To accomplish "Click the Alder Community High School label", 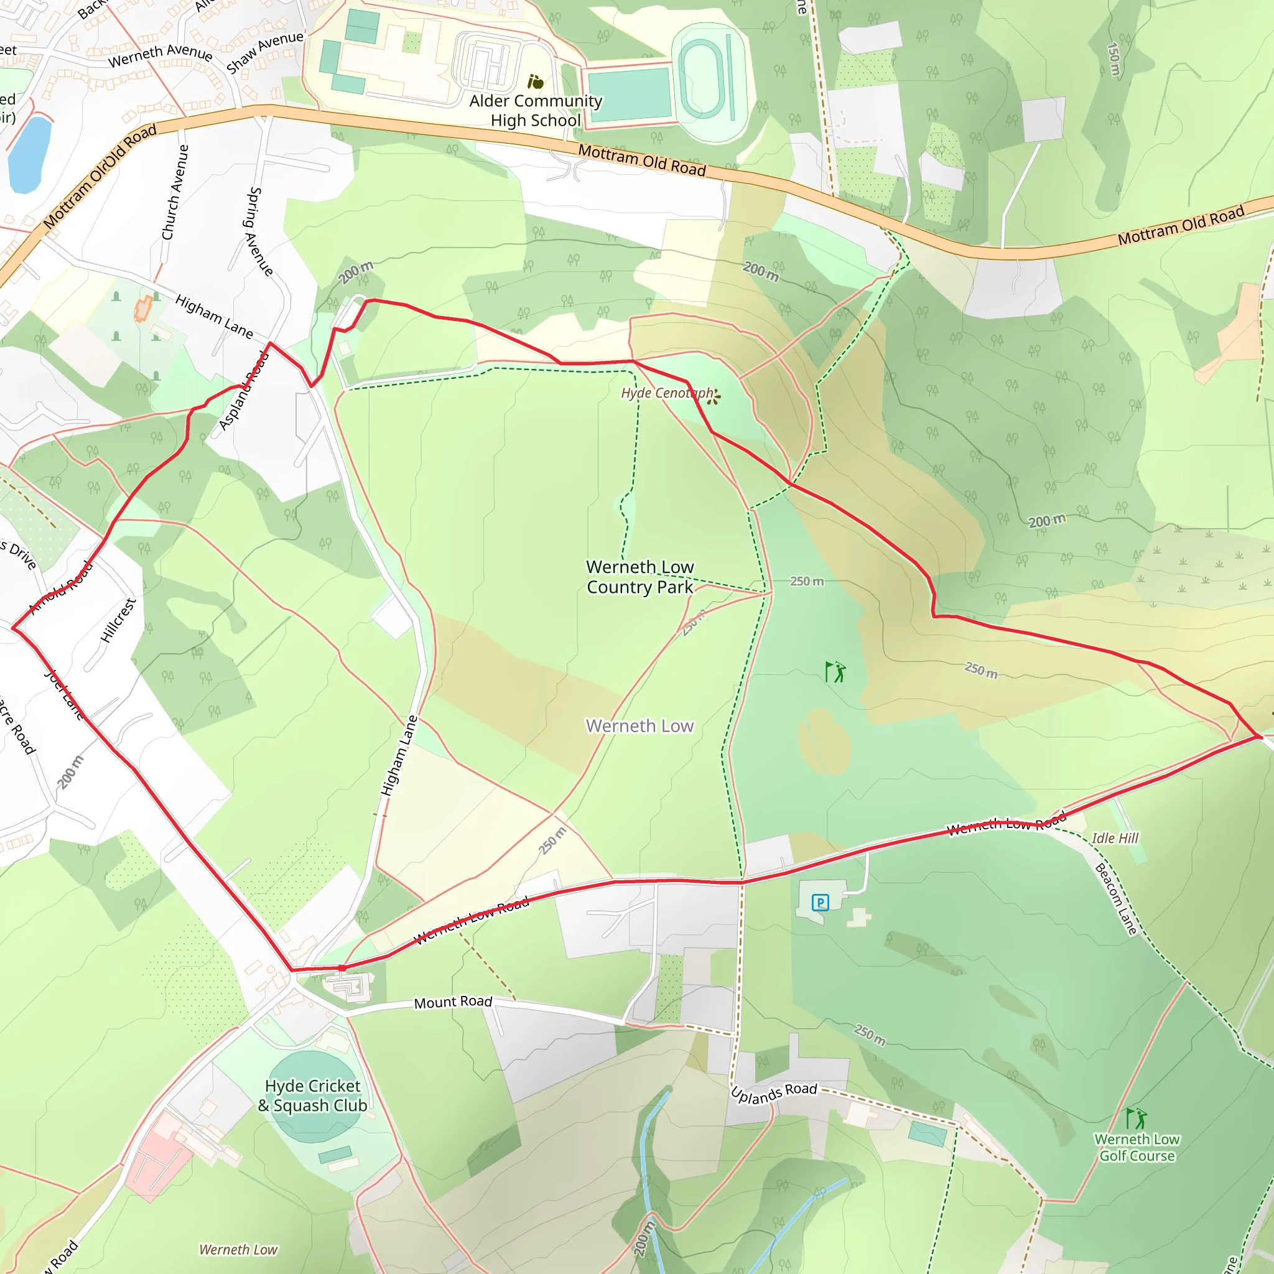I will click(x=536, y=111).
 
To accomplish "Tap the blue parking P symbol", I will click(x=820, y=902).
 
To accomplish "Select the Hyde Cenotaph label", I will click(x=667, y=393).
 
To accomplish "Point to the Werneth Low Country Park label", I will click(x=639, y=577).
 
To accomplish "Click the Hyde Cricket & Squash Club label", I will click(x=312, y=1095).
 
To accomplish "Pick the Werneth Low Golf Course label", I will click(x=1137, y=1147).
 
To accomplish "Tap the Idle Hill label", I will click(x=1114, y=838).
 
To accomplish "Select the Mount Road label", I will click(x=453, y=1002).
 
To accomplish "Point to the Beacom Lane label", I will click(x=1116, y=898).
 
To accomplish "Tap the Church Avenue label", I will click(x=175, y=193).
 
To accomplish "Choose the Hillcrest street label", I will click(x=118, y=620).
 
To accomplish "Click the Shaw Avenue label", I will click(x=264, y=52).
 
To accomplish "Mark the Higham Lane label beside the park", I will click(x=399, y=755).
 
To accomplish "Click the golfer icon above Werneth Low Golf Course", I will click(x=1135, y=1118).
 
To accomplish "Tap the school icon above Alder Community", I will click(x=536, y=81).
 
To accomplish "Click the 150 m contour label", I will click(x=1114, y=59).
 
